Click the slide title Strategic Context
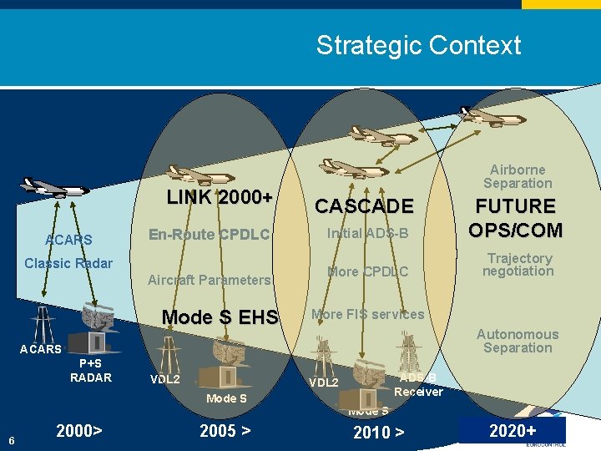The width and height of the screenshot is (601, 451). [418, 45]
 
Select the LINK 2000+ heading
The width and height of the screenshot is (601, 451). [219, 198]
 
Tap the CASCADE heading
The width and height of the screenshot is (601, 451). [363, 206]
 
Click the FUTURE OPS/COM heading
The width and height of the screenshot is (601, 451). [515, 217]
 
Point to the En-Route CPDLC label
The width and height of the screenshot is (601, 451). [209, 235]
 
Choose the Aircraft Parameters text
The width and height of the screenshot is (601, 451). [209, 280]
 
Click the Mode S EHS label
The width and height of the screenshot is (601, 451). [219, 317]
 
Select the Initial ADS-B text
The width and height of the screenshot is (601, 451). [367, 234]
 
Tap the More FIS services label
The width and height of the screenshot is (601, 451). [367, 315]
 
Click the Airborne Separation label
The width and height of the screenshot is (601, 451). [518, 176]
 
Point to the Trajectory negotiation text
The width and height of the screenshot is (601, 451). [518, 265]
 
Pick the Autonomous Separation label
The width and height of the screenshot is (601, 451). [518, 341]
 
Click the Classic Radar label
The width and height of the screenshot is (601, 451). [68, 263]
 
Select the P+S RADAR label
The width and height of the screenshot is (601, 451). [90, 371]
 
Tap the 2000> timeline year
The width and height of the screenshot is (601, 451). [79, 431]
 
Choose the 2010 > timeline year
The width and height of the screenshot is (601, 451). [379, 433]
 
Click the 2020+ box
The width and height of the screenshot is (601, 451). [513, 430]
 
